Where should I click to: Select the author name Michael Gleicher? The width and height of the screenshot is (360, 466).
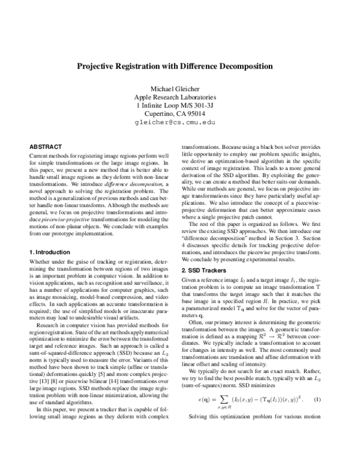pyautogui.click(x=180, y=88)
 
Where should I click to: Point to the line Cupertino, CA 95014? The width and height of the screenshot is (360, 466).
pyautogui.click(x=180, y=113)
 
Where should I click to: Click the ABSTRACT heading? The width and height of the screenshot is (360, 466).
pyautogui.click(x=46, y=146)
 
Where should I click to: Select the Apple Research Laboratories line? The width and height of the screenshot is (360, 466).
pyautogui.click(x=180, y=97)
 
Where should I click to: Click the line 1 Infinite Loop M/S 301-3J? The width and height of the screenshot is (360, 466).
pyautogui.click(x=180, y=105)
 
